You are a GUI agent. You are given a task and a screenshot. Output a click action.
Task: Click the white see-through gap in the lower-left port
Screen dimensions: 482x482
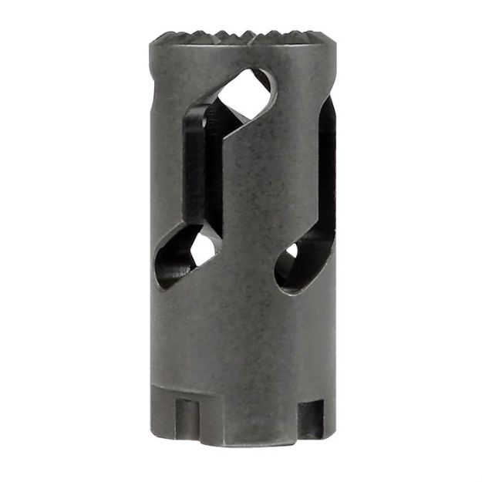click(204, 248)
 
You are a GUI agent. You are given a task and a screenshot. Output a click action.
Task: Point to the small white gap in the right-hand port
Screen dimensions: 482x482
click(292, 251)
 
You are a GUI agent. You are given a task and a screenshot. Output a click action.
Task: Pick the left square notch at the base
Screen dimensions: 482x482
click(184, 418)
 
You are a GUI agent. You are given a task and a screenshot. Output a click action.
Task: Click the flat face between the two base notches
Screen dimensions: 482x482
click(247, 416)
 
